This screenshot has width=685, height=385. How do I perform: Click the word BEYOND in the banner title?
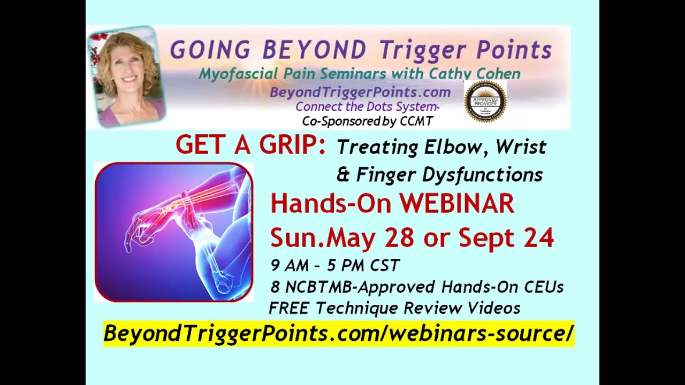click(x=315, y=50)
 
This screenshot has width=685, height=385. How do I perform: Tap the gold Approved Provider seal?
click(x=485, y=101)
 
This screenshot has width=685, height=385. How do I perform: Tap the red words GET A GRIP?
click(x=250, y=145)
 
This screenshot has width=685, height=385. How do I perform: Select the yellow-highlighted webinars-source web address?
click(x=338, y=333)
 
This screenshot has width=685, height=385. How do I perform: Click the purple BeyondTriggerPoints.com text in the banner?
click(x=360, y=93)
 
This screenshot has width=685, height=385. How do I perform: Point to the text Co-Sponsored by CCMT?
click(x=367, y=121)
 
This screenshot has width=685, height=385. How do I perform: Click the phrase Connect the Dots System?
click(x=366, y=107)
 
